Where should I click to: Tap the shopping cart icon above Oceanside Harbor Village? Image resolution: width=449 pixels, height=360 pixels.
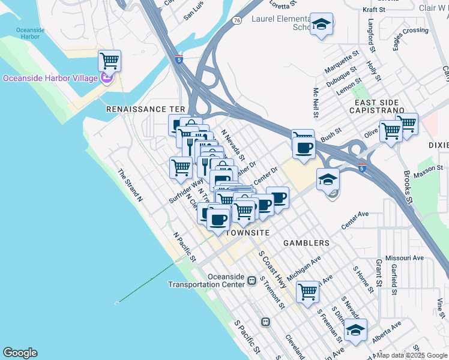pos(109,61)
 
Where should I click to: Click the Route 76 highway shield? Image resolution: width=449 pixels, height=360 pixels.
pos(238,20)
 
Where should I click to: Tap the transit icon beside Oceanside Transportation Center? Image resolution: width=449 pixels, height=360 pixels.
pos(252,280)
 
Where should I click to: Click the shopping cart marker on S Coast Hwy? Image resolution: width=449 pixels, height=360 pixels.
pos(307,292)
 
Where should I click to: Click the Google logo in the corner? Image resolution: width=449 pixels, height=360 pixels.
pos(20,353)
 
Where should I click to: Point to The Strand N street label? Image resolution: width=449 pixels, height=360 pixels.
pos(130,184)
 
